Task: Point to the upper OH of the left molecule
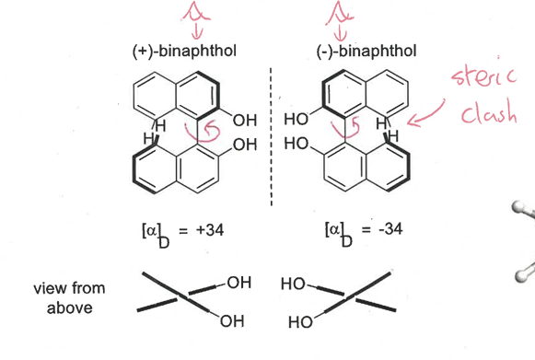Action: click(x=246, y=119)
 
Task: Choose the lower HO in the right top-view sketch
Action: click(x=299, y=323)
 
